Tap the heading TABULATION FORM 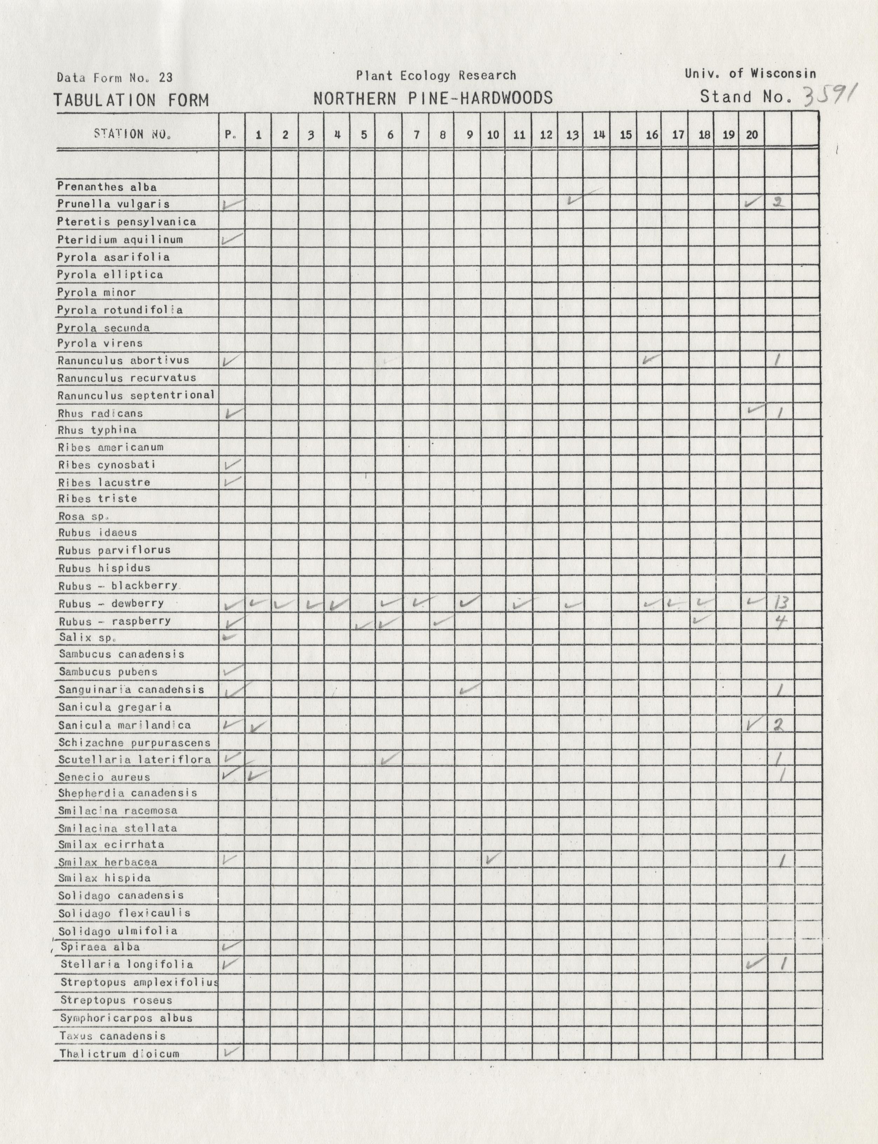pyautogui.click(x=132, y=100)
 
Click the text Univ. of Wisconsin pyautogui.click(x=750, y=74)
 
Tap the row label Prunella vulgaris pyautogui.click(x=113, y=204)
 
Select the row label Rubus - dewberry pyautogui.click(x=111, y=604)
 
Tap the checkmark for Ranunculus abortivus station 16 pyautogui.click(x=651, y=359)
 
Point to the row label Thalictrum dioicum pyautogui.click(x=119, y=1054)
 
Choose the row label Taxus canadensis pyautogui.click(x=112, y=1036)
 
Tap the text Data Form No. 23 pyautogui.click(x=114, y=78)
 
